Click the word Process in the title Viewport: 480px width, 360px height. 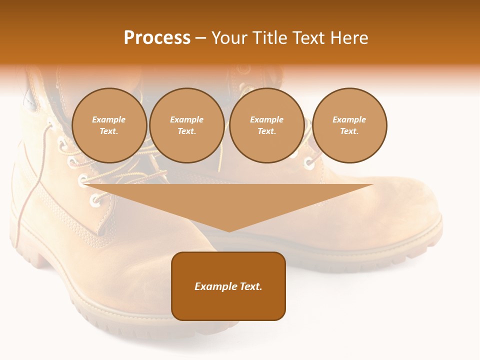(x=157, y=38)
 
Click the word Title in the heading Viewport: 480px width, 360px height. (x=268, y=38)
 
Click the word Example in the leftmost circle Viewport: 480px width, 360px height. (x=109, y=119)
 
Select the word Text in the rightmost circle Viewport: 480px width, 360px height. (x=349, y=131)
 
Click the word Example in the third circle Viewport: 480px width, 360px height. (x=266, y=119)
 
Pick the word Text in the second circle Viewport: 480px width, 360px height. (x=186, y=131)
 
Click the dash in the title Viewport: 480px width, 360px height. (x=201, y=38)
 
